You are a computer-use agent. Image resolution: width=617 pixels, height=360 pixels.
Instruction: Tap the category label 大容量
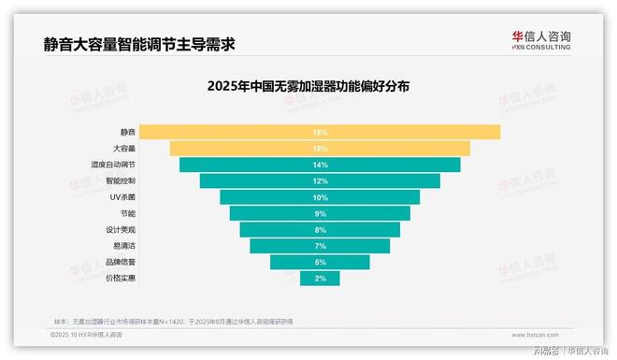tap(125, 149)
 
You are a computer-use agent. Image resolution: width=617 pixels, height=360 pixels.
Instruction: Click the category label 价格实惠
tap(122, 278)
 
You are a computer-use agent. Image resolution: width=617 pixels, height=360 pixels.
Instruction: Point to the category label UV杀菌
tap(124, 197)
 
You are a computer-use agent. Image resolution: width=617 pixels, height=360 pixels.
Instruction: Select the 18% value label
tap(320, 132)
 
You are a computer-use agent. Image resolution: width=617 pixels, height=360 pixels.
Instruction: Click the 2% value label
tap(320, 278)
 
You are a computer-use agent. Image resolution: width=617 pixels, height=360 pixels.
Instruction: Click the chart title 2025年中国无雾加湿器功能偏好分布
tap(308, 85)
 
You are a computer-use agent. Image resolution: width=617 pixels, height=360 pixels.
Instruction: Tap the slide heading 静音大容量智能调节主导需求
tap(139, 43)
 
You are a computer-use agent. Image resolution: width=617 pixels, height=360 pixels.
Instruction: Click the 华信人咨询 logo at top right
tap(541, 40)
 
